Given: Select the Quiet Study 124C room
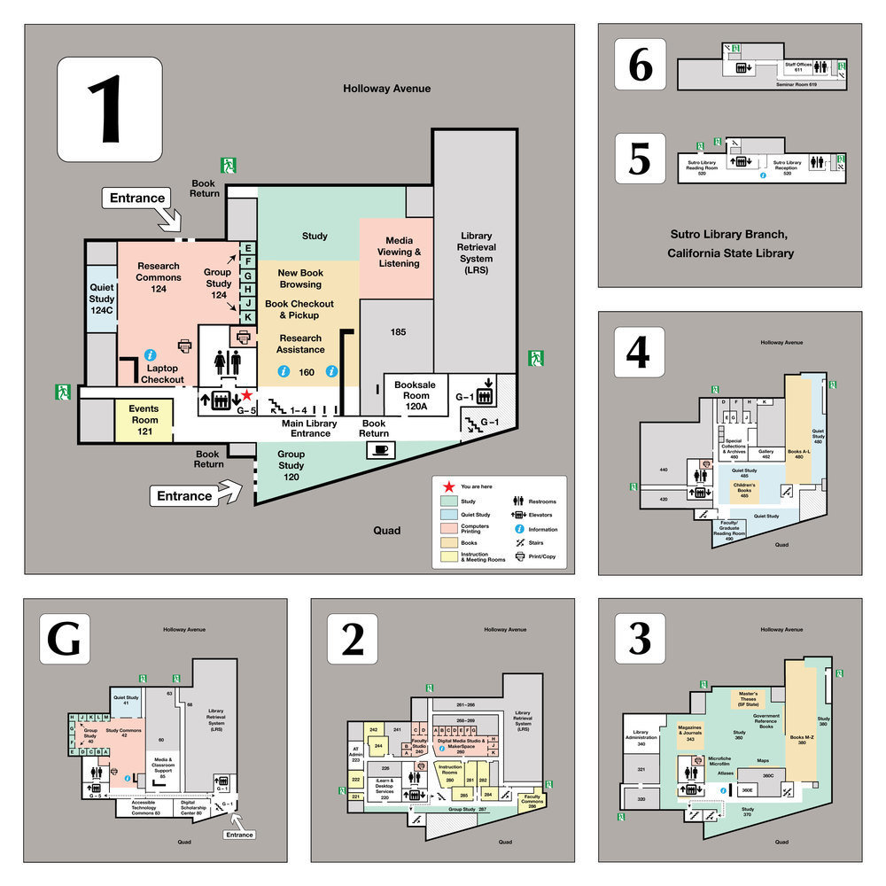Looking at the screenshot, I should (102, 299).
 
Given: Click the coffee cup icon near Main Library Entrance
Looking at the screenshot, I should (380, 449).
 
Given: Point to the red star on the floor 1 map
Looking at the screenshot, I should (247, 395).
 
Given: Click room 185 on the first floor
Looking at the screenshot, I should (398, 332).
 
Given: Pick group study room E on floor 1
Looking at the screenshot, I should (248, 249).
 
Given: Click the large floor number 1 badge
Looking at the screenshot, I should (110, 110).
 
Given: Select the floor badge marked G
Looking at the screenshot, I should (64, 638).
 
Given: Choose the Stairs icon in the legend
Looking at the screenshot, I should (517, 543).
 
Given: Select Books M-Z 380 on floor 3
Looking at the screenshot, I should (801, 737).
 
